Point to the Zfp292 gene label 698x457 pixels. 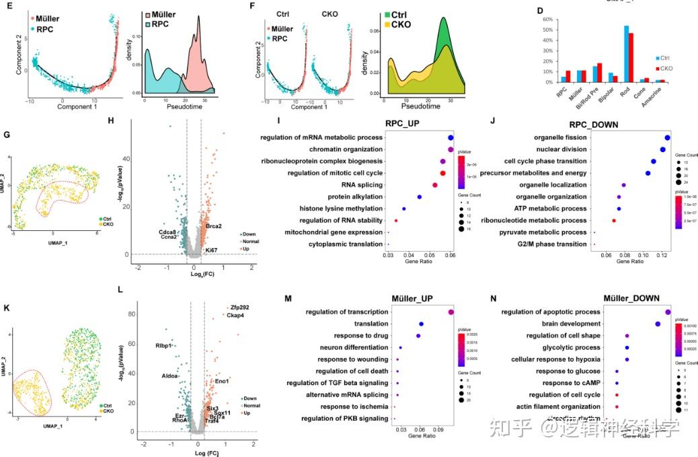(x=240, y=308)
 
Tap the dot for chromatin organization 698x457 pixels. (x=451, y=149)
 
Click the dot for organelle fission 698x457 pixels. (x=667, y=138)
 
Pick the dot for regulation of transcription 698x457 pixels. (x=451, y=312)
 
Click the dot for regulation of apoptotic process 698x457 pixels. (x=667, y=312)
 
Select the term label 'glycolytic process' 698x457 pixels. (x=573, y=347)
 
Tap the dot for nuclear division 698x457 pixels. (x=663, y=149)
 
